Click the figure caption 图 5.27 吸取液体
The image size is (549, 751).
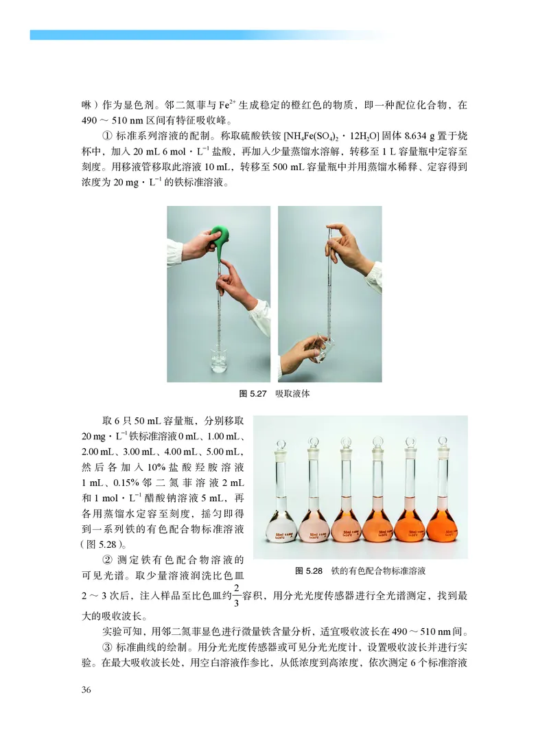click(274, 393)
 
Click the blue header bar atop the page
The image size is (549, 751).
click(206, 34)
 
